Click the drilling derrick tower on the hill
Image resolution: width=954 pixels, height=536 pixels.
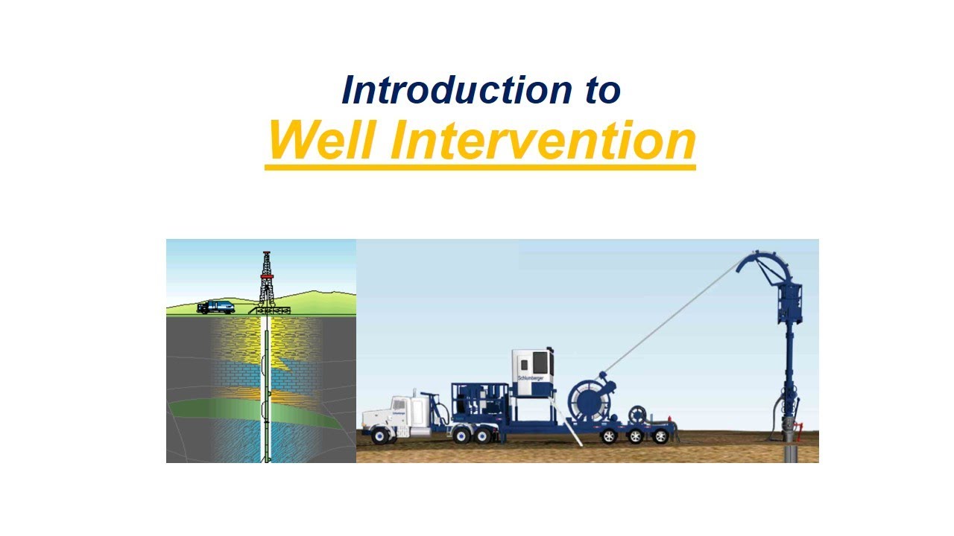[265, 279]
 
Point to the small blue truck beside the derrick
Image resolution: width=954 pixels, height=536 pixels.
[215, 307]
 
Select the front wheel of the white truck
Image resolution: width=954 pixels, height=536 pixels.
[381, 435]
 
